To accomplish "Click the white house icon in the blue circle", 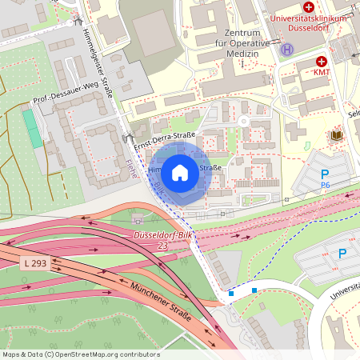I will [x=180, y=172].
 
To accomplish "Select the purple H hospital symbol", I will [x=286, y=50].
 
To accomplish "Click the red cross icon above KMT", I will [x=322, y=62].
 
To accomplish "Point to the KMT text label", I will [x=322, y=73].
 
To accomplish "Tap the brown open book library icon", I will [x=337, y=136].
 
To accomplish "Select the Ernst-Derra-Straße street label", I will [x=166, y=140].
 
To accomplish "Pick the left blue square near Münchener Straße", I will [x=231, y=294].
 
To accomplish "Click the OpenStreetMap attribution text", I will [x=80, y=354].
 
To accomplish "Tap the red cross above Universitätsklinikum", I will [x=309, y=6].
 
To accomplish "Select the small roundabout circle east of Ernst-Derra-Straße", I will [x=243, y=121].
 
